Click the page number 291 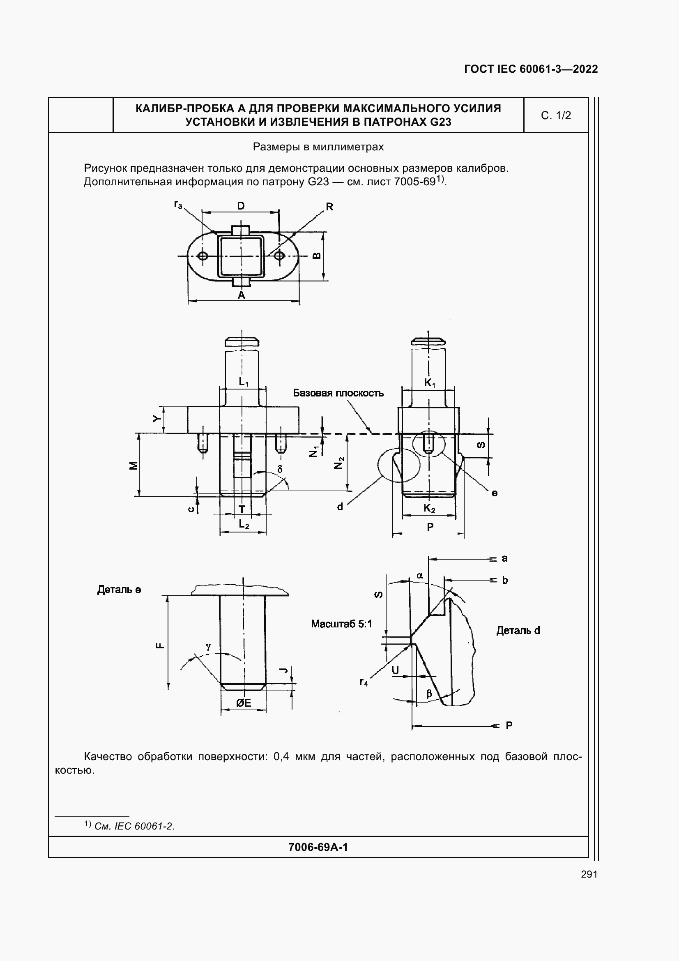pyautogui.click(x=589, y=874)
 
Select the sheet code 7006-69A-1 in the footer pyautogui.click(x=318, y=848)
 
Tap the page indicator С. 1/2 pyautogui.click(x=556, y=115)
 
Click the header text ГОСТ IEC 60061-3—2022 pyautogui.click(x=531, y=69)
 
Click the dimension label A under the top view pyautogui.click(x=242, y=295)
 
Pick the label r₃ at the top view pyautogui.click(x=178, y=205)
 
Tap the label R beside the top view pyautogui.click(x=329, y=207)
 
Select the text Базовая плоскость pyautogui.click(x=338, y=393)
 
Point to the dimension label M pyautogui.click(x=133, y=466)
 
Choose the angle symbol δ pyautogui.click(x=280, y=469)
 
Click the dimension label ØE pyautogui.click(x=244, y=703)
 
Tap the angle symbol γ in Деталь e pyautogui.click(x=208, y=647)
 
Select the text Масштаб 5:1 pyautogui.click(x=341, y=624)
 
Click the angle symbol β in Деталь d pyautogui.click(x=429, y=694)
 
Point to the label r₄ pyautogui.click(x=364, y=682)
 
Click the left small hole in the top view pyautogui.click(x=203, y=256)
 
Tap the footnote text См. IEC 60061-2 pyautogui.click(x=134, y=826)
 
